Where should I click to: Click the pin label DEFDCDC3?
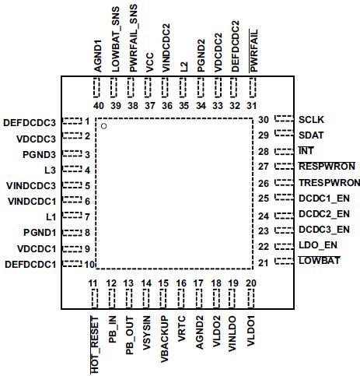(x=30, y=121)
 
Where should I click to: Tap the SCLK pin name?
(x=312, y=120)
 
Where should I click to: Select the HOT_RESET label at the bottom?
(x=95, y=343)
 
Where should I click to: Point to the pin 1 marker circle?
(x=103, y=126)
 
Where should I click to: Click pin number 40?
(x=98, y=106)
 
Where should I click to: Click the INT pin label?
(x=305, y=151)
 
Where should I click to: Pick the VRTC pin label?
(x=182, y=325)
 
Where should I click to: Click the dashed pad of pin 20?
(x=251, y=300)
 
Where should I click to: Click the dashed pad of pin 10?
(x=72, y=265)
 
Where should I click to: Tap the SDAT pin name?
(x=311, y=135)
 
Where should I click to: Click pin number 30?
(x=264, y=120)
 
